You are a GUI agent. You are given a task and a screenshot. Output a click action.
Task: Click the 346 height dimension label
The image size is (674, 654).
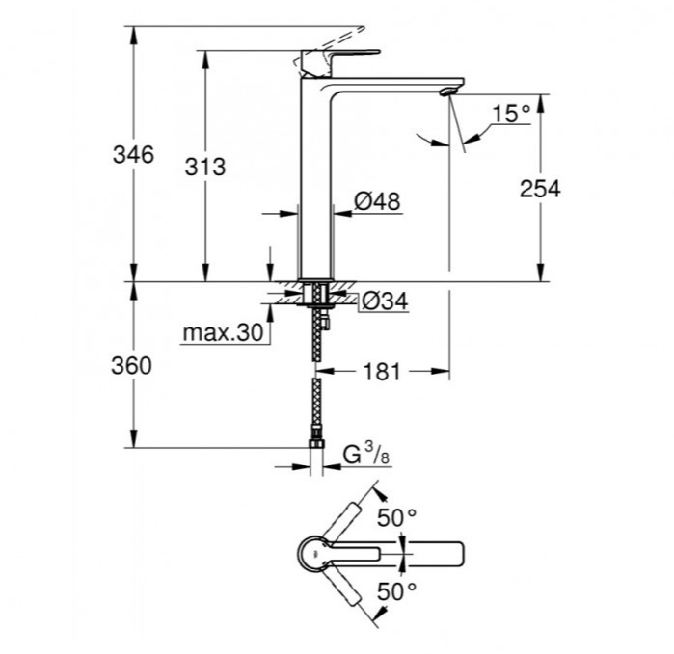(133, 154)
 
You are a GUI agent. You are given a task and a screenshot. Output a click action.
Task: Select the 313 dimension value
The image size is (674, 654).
(204, 167)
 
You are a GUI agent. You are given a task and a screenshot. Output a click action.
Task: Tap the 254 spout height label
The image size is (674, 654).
(539, 188)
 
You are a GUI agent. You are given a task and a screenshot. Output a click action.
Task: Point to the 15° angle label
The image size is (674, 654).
(511, 115)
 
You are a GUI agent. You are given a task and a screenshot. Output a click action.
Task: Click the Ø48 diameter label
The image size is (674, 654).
(376, 201)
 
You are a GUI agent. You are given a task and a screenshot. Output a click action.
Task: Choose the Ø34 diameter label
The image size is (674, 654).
(384, 302)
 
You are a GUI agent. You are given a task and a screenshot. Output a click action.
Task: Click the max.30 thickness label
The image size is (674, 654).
(222, 333)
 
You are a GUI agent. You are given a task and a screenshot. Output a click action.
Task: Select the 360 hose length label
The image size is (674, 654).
(133, 366)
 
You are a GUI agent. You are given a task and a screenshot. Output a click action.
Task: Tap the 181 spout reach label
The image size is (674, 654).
(382, 372)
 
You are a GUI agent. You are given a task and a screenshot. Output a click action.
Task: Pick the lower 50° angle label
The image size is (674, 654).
(396, 589)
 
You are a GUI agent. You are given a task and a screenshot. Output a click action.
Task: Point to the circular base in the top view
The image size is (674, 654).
(313, 554)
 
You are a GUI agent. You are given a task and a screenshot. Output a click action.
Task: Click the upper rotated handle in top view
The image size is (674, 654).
(342, 520)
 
